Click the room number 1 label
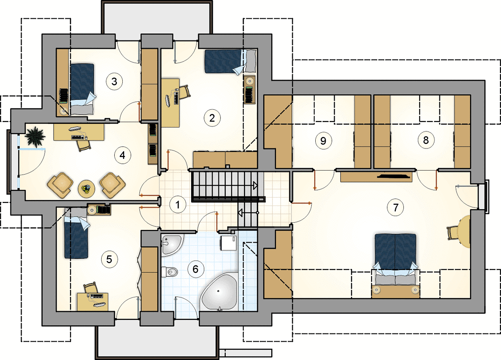(x=178, y=204)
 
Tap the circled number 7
(x=396, y=207)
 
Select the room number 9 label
(x=323, y=141)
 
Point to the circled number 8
(x=425, y=139)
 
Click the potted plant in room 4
(x=35, y=136)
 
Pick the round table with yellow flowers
(x=87, y=189)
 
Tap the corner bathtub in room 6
(x=219, y=292)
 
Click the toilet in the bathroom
(x=170, y=272)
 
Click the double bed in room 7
(x=396, y=262)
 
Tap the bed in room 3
(x=82, y=89)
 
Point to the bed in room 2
(x=231, y=61)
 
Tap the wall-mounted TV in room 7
(x=394, y=175)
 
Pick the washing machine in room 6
(x=228, y=243)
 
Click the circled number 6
(x=195, y=269)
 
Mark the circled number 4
(x=122, y=155)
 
